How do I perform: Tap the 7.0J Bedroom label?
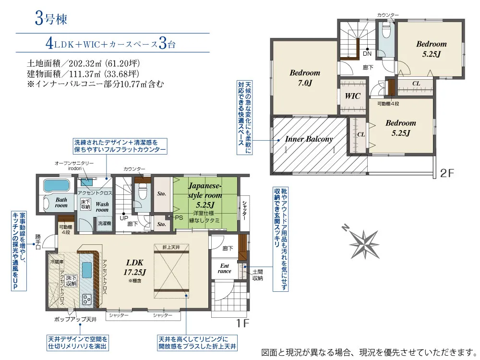click(305, 78)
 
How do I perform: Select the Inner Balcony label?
click(309, 139)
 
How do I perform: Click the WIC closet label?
click(352, 96)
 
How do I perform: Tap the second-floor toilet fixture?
click(386, 30)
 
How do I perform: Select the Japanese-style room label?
click(205, 195)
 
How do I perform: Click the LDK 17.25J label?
click(135, 267)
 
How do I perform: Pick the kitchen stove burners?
click(87, 299)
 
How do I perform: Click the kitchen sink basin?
click(86, 270)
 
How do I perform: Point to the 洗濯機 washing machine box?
click(104, 224)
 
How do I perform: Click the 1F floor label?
click(242, 323)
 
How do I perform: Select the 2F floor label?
click(446, 173)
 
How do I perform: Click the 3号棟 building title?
click(51, 19)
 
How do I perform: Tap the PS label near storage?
click(179, 217)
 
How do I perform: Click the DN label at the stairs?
click(367, 54)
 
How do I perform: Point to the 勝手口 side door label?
click(38, 242)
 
